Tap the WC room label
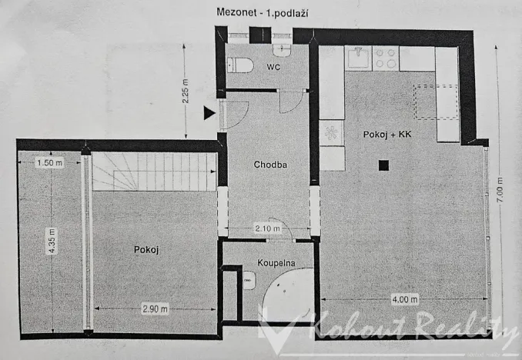[273, 68]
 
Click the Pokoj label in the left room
[146, 249]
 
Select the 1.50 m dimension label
[49, 162]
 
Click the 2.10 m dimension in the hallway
[269, 228]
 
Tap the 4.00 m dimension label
[403, 299]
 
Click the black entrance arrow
[209, 114]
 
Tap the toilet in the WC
[239, 65]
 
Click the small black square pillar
[383, 164]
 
